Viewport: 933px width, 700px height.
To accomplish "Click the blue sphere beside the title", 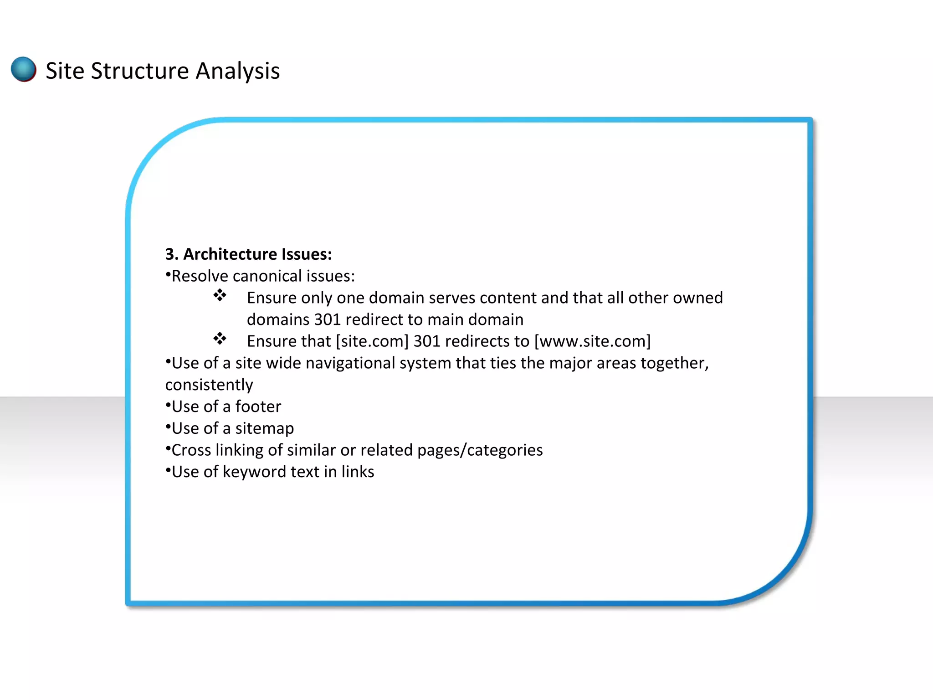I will click(24, 69).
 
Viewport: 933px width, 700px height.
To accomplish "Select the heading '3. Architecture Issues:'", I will click(248, 254).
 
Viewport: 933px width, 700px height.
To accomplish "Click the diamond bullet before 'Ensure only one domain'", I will click(220, 295).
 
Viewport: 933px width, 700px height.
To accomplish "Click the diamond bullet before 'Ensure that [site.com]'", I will click(220, 339).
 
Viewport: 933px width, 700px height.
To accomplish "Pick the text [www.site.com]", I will click(592, 341).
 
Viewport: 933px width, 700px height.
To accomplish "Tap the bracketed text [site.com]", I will click(372, 341).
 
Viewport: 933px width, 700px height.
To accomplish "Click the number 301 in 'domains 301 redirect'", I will click(327, 319).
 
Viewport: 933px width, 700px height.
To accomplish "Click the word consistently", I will click(209, 385).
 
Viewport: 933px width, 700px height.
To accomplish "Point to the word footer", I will click(258, 407).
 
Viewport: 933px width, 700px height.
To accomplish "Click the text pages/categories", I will click(480, 450).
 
